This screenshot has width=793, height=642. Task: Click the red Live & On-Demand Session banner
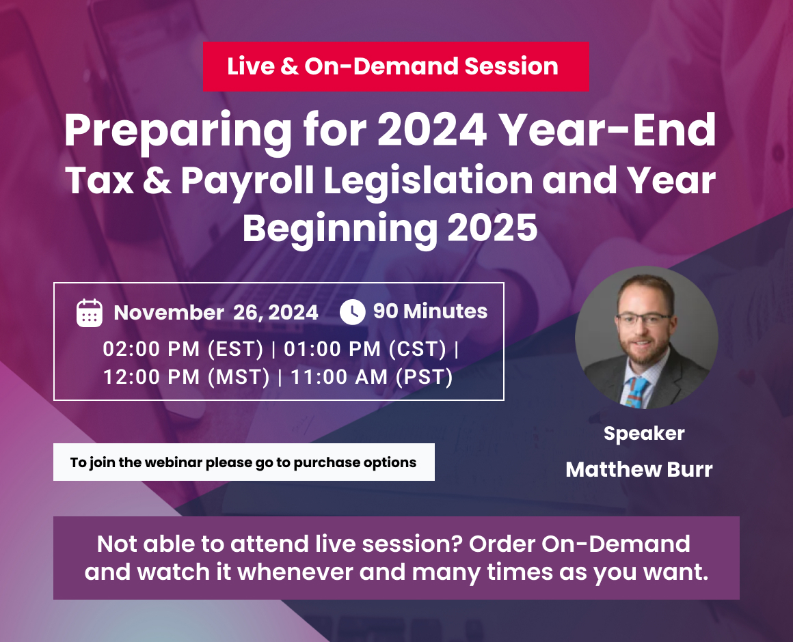[x=395, y=66]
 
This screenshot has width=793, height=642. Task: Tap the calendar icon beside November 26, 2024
[x=90, y=313]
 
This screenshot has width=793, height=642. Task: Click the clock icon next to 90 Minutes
[x=352, y=311]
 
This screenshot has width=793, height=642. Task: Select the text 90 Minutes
[x=430, y=311]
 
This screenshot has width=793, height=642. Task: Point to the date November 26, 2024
[x=216, y=313]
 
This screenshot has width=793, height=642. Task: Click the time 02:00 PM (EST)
[x=183, y=349]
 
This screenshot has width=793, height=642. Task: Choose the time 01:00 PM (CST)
[x=365, y=349]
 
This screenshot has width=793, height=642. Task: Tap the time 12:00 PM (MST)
[x=187, y=376]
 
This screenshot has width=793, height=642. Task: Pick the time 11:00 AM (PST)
[x=372, y=376]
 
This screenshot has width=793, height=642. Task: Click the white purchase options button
[x=243, y=462]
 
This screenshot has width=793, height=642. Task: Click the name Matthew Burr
[x=639, y=470]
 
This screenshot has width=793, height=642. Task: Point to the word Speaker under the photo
[x=644, y=433]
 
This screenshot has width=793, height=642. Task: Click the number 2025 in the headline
[x=492, y=229]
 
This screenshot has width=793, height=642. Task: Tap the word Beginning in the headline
[x=340, y=229]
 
